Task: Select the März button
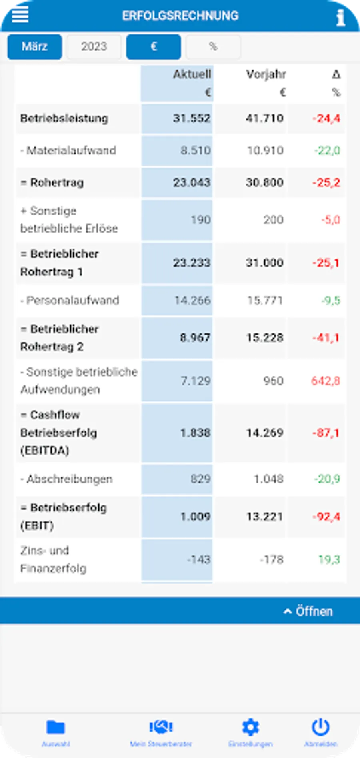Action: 35,47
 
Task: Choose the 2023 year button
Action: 94,47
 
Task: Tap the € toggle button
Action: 154,47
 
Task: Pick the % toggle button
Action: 213,47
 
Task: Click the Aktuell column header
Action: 192,74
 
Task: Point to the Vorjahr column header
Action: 266,74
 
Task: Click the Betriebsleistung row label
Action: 64,118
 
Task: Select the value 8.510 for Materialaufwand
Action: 195,150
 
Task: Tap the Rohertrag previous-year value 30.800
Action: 264,182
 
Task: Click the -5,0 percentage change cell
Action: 330,220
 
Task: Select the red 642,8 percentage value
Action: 326,381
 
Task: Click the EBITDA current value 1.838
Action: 195,433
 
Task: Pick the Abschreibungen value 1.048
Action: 268,479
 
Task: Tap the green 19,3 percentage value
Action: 329,559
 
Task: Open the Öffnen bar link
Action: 308,611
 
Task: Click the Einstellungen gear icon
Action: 250,728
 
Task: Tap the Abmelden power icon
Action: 320,728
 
